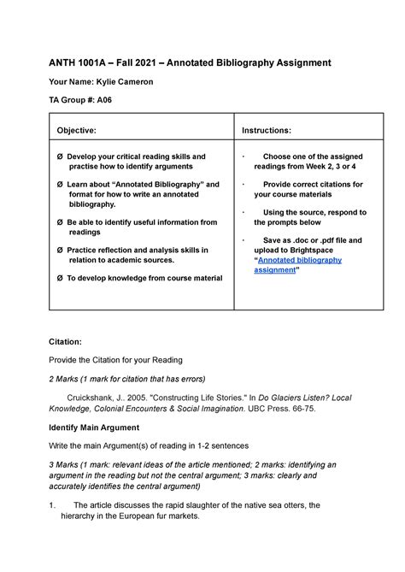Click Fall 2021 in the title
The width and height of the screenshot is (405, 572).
(156, 63)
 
